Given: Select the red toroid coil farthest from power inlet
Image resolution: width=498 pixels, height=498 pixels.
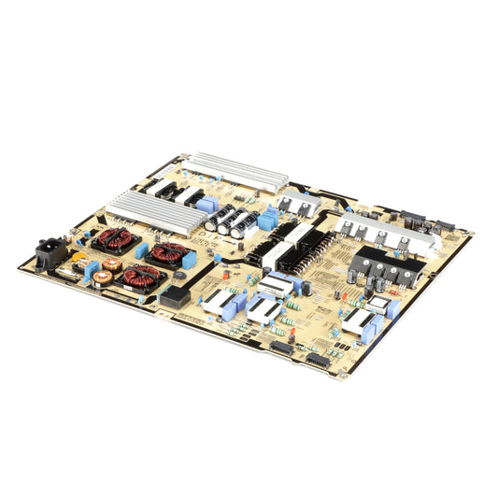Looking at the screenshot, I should pos(143,277).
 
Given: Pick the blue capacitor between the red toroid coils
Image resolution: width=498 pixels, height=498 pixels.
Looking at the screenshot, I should pos(145,252).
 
